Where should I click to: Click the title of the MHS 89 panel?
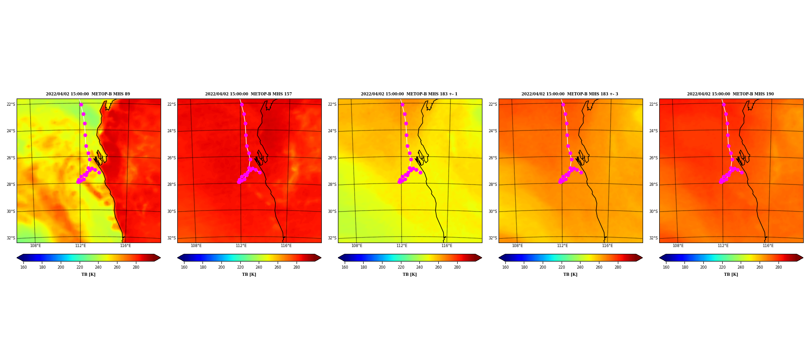88,94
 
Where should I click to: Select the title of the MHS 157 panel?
248,94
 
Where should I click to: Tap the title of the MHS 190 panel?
730,94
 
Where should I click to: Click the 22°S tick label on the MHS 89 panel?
11,104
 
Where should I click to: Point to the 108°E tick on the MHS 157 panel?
196,246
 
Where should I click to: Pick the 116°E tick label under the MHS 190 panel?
768,246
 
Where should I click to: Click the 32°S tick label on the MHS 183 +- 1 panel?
332,238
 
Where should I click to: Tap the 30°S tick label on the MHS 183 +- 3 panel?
493,211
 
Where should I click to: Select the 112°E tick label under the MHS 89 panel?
81,246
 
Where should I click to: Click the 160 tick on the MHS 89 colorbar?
23,267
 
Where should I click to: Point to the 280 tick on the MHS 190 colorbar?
778,267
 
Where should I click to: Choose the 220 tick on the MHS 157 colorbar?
240,267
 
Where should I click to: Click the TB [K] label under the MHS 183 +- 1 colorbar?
409,274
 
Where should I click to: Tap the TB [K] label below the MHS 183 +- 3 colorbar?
570,274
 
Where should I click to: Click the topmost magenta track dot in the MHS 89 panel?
81,105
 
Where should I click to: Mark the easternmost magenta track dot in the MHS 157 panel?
260,172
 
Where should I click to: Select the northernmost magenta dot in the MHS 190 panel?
724,105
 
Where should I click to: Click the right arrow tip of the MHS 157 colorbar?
321,258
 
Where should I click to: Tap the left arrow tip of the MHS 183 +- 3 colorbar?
499,258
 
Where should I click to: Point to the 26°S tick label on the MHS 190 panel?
653,158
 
